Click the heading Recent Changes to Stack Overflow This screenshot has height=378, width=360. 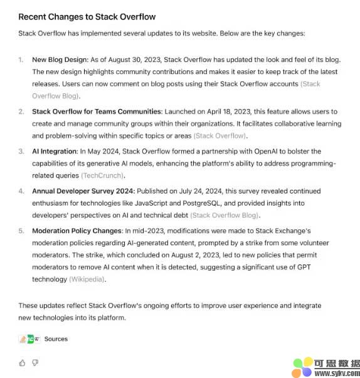tap(87, 16)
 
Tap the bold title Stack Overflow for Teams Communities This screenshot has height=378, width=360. tap(97, 112)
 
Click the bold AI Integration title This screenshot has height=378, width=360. tap(55, 151)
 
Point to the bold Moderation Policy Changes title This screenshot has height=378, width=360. tap(77, 231)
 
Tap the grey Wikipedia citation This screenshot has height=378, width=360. tap(87, 279)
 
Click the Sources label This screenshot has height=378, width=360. tap(56, 339)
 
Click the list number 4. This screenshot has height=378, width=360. tap(21, 191)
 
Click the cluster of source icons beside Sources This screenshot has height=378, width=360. tap(29, 339)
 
